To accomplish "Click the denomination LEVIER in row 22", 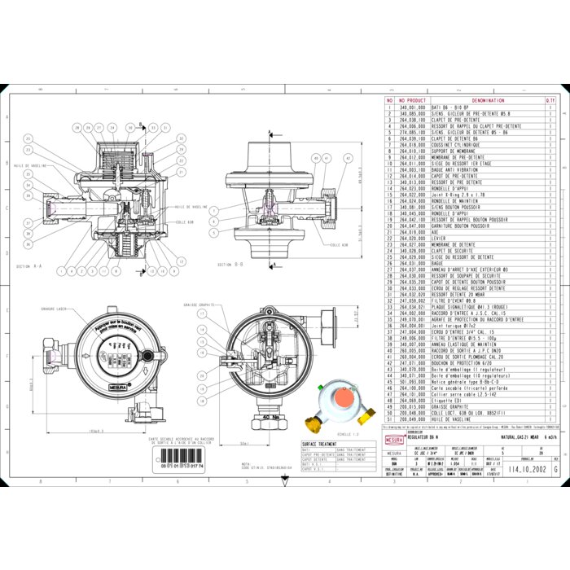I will [x=441, y=237].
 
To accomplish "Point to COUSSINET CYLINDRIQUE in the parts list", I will [x=456, y=144].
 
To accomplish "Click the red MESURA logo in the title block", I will [x=393, y=439].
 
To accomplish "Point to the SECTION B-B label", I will [x=230, y=265].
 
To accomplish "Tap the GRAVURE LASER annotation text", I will [x=54, y=309].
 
